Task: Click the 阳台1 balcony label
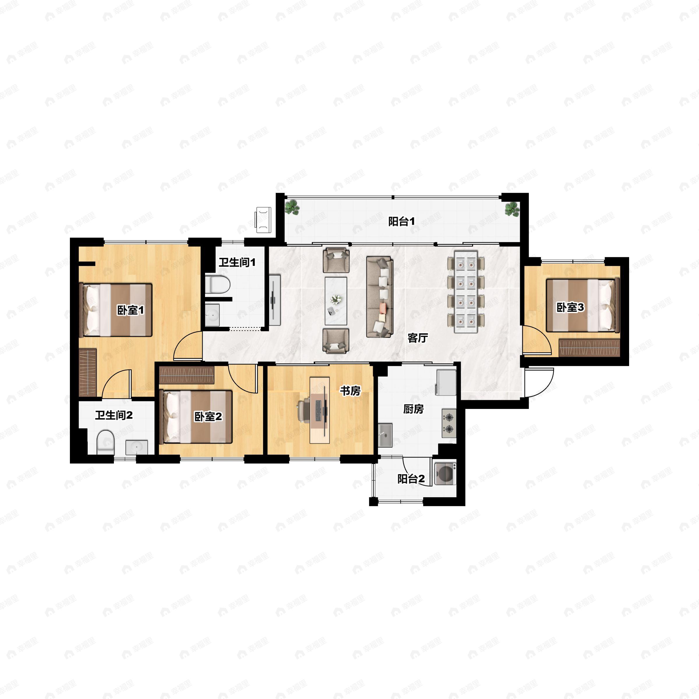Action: (401, 221)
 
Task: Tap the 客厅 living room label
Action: (418, 338)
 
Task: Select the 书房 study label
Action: (350, 391)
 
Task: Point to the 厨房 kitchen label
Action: (414, 409)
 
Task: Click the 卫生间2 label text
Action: (114, 415)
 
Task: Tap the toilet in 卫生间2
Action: (106, 442)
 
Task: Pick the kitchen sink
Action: (386, 434)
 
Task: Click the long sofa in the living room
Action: (380, 297)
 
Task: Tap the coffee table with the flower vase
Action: (336, 301)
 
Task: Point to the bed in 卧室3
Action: (583, 305)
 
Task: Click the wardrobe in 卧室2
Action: (187, 375)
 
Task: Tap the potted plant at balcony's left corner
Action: (292, 208)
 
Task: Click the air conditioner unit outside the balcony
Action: (263, 220)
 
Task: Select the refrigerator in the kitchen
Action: (446, 382)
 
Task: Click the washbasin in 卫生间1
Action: (212, 315)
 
